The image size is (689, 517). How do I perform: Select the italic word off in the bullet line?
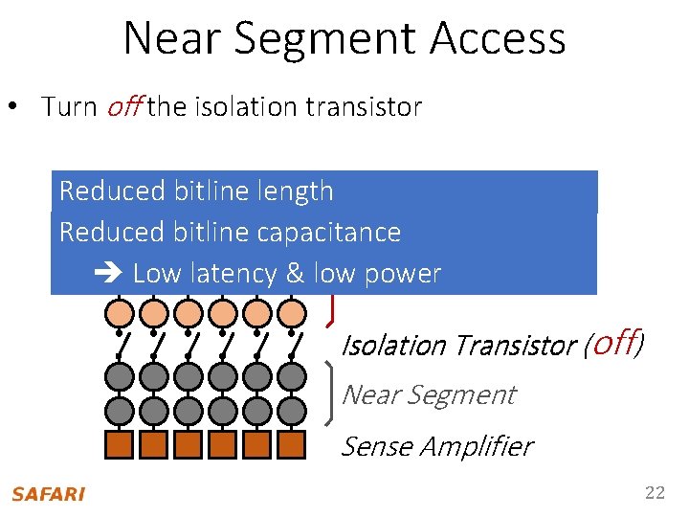coord(123,107)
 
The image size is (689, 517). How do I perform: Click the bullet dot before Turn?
coord(21,107)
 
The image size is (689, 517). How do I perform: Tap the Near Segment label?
coord(428,394)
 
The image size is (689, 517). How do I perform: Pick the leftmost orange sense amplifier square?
coord(120,445)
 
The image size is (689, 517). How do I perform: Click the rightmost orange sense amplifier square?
coord(292,445)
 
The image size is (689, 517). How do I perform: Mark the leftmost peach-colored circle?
coord(120,312)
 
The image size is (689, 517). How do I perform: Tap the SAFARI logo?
coord(48,494)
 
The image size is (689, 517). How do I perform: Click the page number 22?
coord(655,493)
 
